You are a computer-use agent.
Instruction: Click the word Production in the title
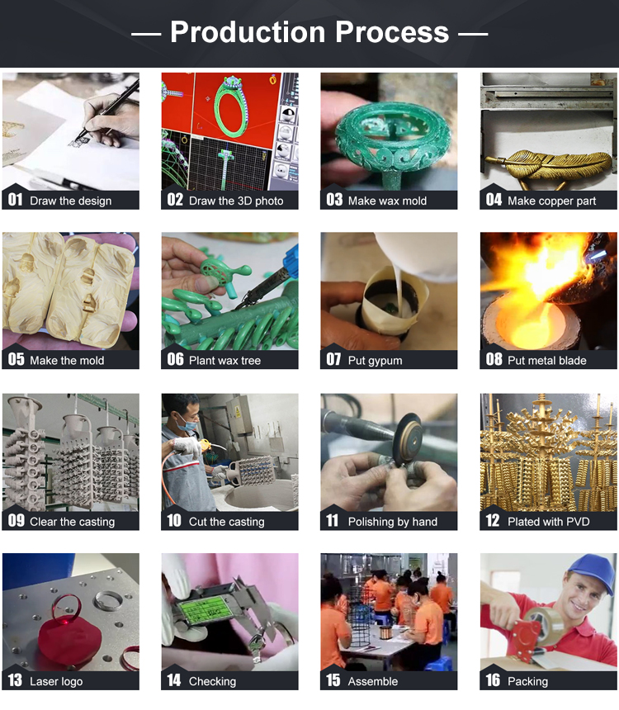tap(248, 31)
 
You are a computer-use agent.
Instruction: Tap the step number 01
tap(15, 200)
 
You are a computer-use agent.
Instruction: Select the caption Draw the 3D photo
tap(236, 201)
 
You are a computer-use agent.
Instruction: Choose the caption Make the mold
tap(67, 361)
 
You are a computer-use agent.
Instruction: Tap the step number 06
tap(175, 359)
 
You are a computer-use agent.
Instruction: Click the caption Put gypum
tap(375, 361)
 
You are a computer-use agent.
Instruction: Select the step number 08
tap(494, 359)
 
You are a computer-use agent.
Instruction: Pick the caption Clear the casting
tap(72, 522)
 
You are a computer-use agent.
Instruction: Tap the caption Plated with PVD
tap(548, 522)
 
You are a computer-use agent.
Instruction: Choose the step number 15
tap(333, 680)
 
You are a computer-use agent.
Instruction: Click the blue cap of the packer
tap(589, 570)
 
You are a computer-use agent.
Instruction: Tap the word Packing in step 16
tap(527, 681)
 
